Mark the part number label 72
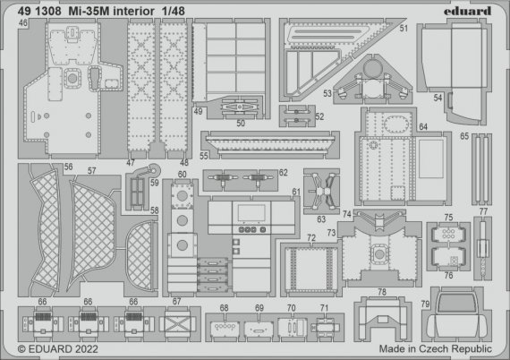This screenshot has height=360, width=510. point(311,238)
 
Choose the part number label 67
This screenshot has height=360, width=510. point(177,301)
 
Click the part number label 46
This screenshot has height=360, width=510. point(21,23)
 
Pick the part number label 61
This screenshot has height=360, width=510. point(296,193)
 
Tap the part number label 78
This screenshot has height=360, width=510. point(381,293)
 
